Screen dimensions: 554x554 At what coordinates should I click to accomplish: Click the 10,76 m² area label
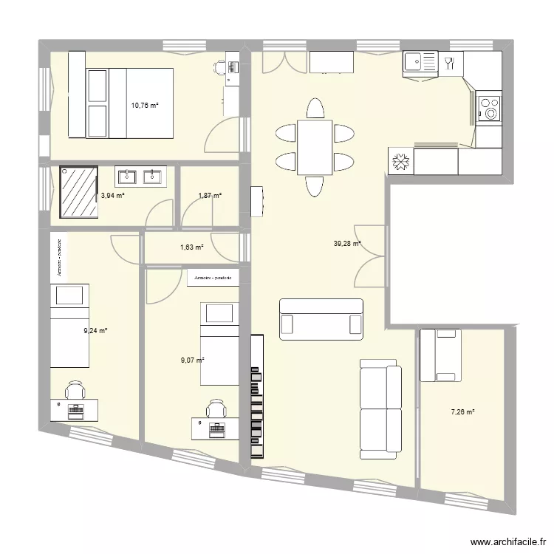coord(146,106)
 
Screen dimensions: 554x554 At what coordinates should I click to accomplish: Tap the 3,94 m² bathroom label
coord(112,196)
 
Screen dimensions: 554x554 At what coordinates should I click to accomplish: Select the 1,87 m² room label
coord(210,196)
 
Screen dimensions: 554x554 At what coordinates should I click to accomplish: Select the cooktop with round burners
coord(489,108)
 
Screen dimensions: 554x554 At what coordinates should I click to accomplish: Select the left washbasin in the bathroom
coord(127,177)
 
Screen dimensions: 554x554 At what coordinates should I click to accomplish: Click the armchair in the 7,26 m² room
coord(440,355)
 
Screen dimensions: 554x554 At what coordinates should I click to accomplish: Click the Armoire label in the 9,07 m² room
coord(213,278)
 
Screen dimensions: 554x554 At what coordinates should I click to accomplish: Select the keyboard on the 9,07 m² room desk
coord(216,429)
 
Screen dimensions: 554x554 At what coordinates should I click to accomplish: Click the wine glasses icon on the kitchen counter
coord(448,63)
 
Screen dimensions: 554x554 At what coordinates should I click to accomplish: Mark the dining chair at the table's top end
coord(315,108)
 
